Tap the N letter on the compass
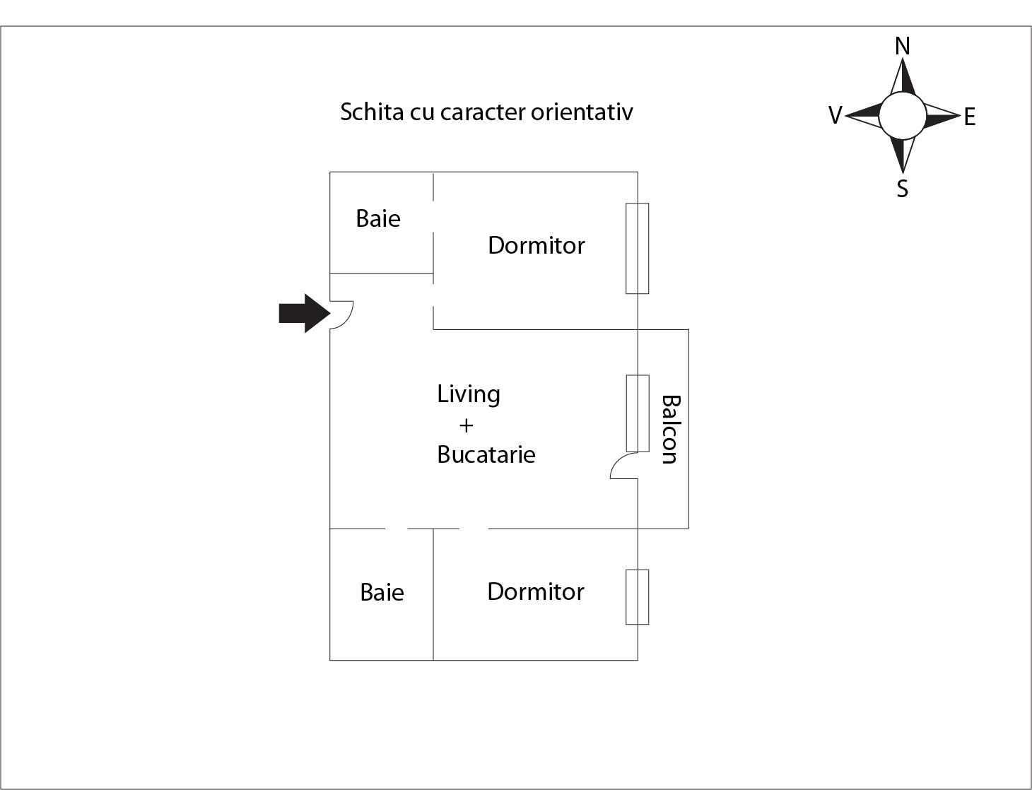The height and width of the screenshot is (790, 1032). coord(902,47)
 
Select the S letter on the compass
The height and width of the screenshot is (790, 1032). coord(902,189)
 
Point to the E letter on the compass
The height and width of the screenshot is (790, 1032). coord(969,117)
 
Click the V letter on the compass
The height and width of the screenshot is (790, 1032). coord(835,115)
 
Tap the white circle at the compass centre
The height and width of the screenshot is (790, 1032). coord(902,116)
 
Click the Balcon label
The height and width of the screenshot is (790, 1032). coord(670,429)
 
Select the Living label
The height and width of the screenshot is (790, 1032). coord(468,394)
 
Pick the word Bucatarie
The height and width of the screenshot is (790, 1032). coord(486,454)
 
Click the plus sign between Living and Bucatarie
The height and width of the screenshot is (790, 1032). coord(466,425)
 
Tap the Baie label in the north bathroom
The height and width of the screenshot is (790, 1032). coord(378,219)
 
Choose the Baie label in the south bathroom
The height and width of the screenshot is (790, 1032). coord(382,592)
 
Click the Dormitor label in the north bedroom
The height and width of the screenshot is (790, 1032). coord(536,246)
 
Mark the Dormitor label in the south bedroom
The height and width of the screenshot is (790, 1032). coord(535,591)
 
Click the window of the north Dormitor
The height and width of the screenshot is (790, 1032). coord(637,248)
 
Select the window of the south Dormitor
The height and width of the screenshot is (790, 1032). coord(637,597)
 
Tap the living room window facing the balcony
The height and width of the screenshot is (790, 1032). coord(637,413)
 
